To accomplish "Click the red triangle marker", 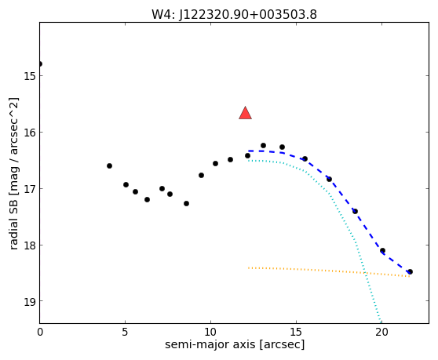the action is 245,113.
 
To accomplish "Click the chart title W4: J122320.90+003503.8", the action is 234,15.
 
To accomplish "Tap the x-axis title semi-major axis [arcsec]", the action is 235,344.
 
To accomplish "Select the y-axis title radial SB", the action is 13,224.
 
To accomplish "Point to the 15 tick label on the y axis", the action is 29,76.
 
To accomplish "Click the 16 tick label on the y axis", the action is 29,133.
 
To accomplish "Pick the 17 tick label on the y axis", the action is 29,189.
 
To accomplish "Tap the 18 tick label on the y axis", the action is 29,245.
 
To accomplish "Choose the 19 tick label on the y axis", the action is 29,301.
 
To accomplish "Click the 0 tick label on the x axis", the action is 40,332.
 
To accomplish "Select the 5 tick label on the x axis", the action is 125,332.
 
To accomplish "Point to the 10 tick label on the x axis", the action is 210,332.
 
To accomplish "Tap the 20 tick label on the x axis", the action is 381,332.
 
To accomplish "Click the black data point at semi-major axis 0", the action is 40,64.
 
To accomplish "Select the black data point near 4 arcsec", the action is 110,165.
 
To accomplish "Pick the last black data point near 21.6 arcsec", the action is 410,271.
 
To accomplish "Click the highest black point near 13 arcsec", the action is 263,145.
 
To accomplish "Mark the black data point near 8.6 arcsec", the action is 186,203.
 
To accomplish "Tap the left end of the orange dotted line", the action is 248,268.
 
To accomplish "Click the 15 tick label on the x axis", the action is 296,332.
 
